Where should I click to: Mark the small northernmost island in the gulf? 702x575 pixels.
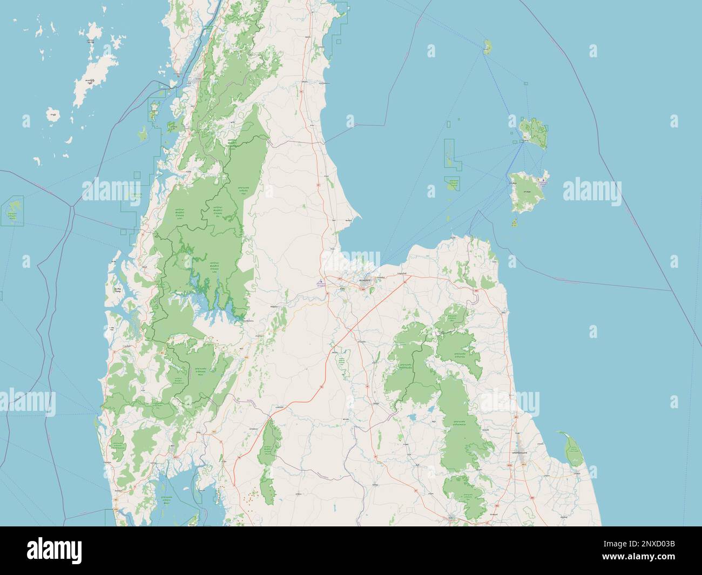tap(488, 47)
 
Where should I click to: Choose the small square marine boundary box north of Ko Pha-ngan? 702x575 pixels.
tap(525, 83)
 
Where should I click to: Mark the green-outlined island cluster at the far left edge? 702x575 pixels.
tap(13, 212)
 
